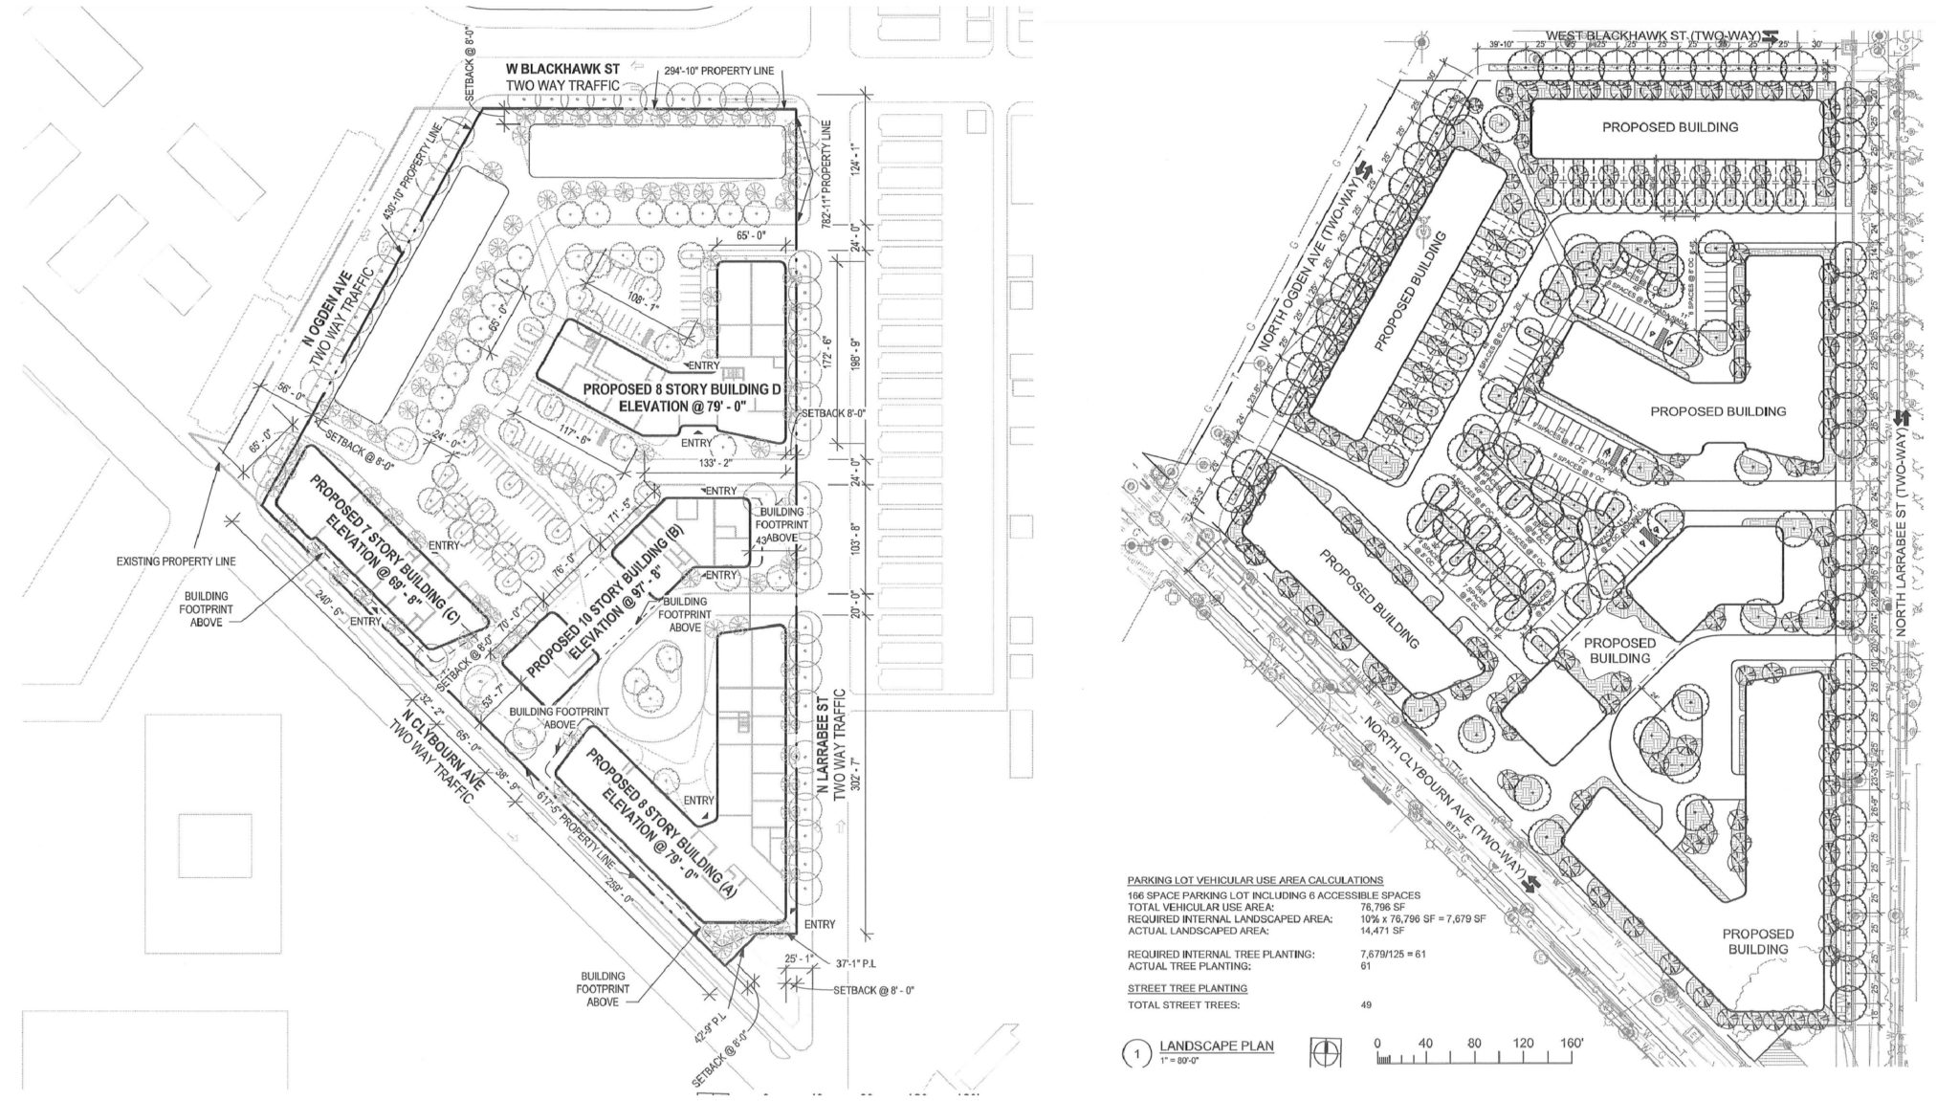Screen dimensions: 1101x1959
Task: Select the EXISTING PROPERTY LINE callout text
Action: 177,562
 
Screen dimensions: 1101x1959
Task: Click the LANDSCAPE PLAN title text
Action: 1216,1046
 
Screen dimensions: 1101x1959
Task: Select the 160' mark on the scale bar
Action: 1570,1044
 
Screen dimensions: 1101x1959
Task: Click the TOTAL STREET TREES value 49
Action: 1365,1005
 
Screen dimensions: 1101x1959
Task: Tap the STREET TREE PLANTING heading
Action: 1187,988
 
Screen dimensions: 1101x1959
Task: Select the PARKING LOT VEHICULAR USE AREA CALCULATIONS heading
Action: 1254,880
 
